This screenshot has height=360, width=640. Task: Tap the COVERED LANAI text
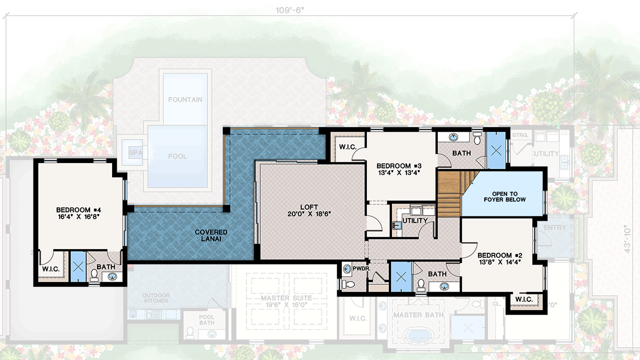pyautogui.click(x=211, y=236)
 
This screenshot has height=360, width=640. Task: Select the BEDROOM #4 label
pyautogui.click(x=78, y=210)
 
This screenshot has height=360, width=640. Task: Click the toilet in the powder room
pyautogui.click(x=348, y=284)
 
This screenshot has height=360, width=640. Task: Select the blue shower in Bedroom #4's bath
pyautogui.click(x=78, y=266)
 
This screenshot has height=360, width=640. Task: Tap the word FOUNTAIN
pyautogui.click(x=185, y=100)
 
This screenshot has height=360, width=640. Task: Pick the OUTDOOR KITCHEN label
pyautogui.click(x=156, y=298)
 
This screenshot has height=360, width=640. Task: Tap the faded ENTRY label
pyautogui.click(x=555, y=228)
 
